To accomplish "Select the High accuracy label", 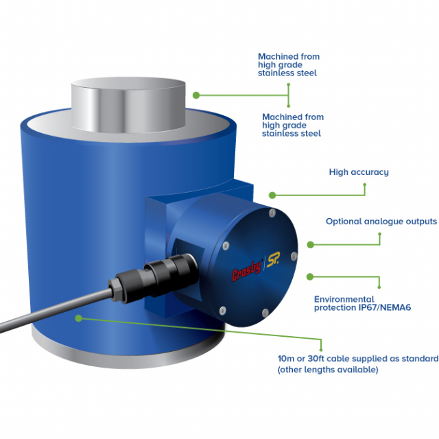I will pyautogui.click(x=359, y=172).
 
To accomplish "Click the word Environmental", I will pyautogui.click(x=344, y=300).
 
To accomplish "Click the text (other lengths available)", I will pyautogui.click(x=327, y=370).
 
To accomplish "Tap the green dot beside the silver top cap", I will pyautogui.click(x=196, y=95).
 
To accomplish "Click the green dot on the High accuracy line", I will pyautogui.click(x=272, y=195).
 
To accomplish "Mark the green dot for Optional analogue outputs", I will pyautogui.click(x=310, y=244).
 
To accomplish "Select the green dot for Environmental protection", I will pyautogui.click(x=310, y=276).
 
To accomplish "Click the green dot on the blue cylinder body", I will pyautogui.click(x=80, y=318).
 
